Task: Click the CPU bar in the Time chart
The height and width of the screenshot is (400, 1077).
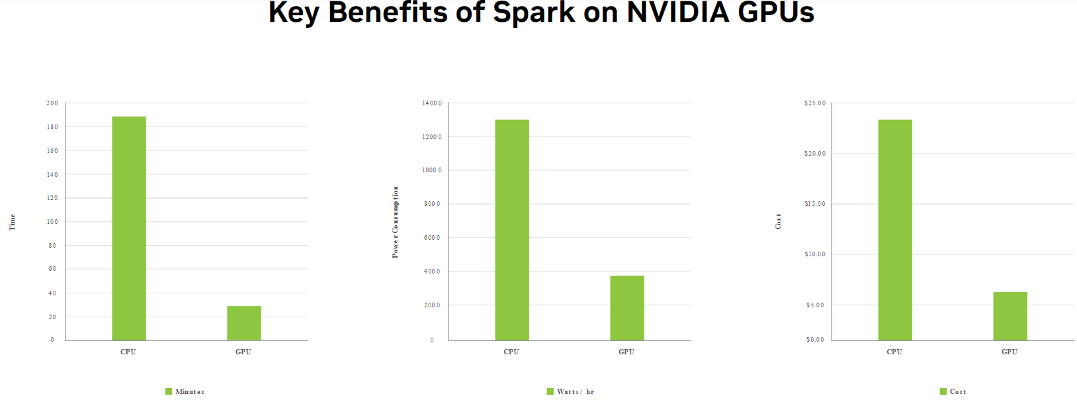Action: pos(129,228)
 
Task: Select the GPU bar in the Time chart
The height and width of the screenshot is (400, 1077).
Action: pos(244,323)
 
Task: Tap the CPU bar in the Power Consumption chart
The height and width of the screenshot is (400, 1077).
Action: pos(512,230)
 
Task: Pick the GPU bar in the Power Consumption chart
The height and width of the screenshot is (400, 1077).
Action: pos(627,308)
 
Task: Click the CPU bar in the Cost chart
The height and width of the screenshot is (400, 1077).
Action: pos(895,230)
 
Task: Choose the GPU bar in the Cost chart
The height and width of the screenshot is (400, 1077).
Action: pos(1010,316)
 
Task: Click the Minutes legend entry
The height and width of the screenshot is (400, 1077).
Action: pos(185,391)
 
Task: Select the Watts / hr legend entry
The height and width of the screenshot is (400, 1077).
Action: pos(571,391)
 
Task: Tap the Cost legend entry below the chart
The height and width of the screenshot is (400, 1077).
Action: pos(953,391)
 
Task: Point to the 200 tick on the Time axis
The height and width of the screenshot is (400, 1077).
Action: pos(52,103)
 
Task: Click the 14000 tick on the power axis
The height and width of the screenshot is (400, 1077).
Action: pos(432,103)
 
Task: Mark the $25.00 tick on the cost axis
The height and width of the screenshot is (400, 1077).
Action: pos(815,103)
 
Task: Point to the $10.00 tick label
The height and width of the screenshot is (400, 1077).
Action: pos(815,254)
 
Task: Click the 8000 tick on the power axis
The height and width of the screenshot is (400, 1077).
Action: pos(432,204)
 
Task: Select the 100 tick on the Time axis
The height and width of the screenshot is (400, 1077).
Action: pos(52,222)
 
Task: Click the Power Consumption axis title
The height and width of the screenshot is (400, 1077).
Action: pos(396,222)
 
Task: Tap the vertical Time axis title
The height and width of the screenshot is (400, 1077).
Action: pos(12,222)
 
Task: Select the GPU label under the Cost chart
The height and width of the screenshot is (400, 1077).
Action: pos(1010,352)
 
